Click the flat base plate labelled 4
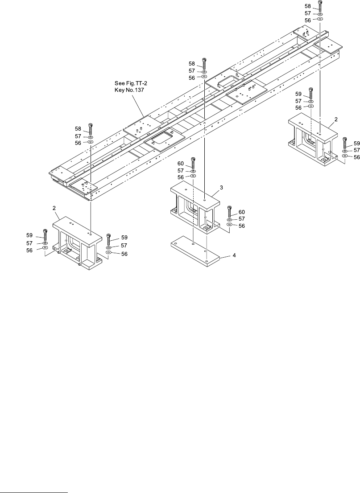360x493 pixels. click(x=196, y=253)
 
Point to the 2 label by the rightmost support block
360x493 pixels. click(x=336, y=119)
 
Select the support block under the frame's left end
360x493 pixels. click(x=74, y=243)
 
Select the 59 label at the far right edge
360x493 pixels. click(x=356, y=144)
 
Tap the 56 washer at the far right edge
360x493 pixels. click(x=344, y=156)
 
